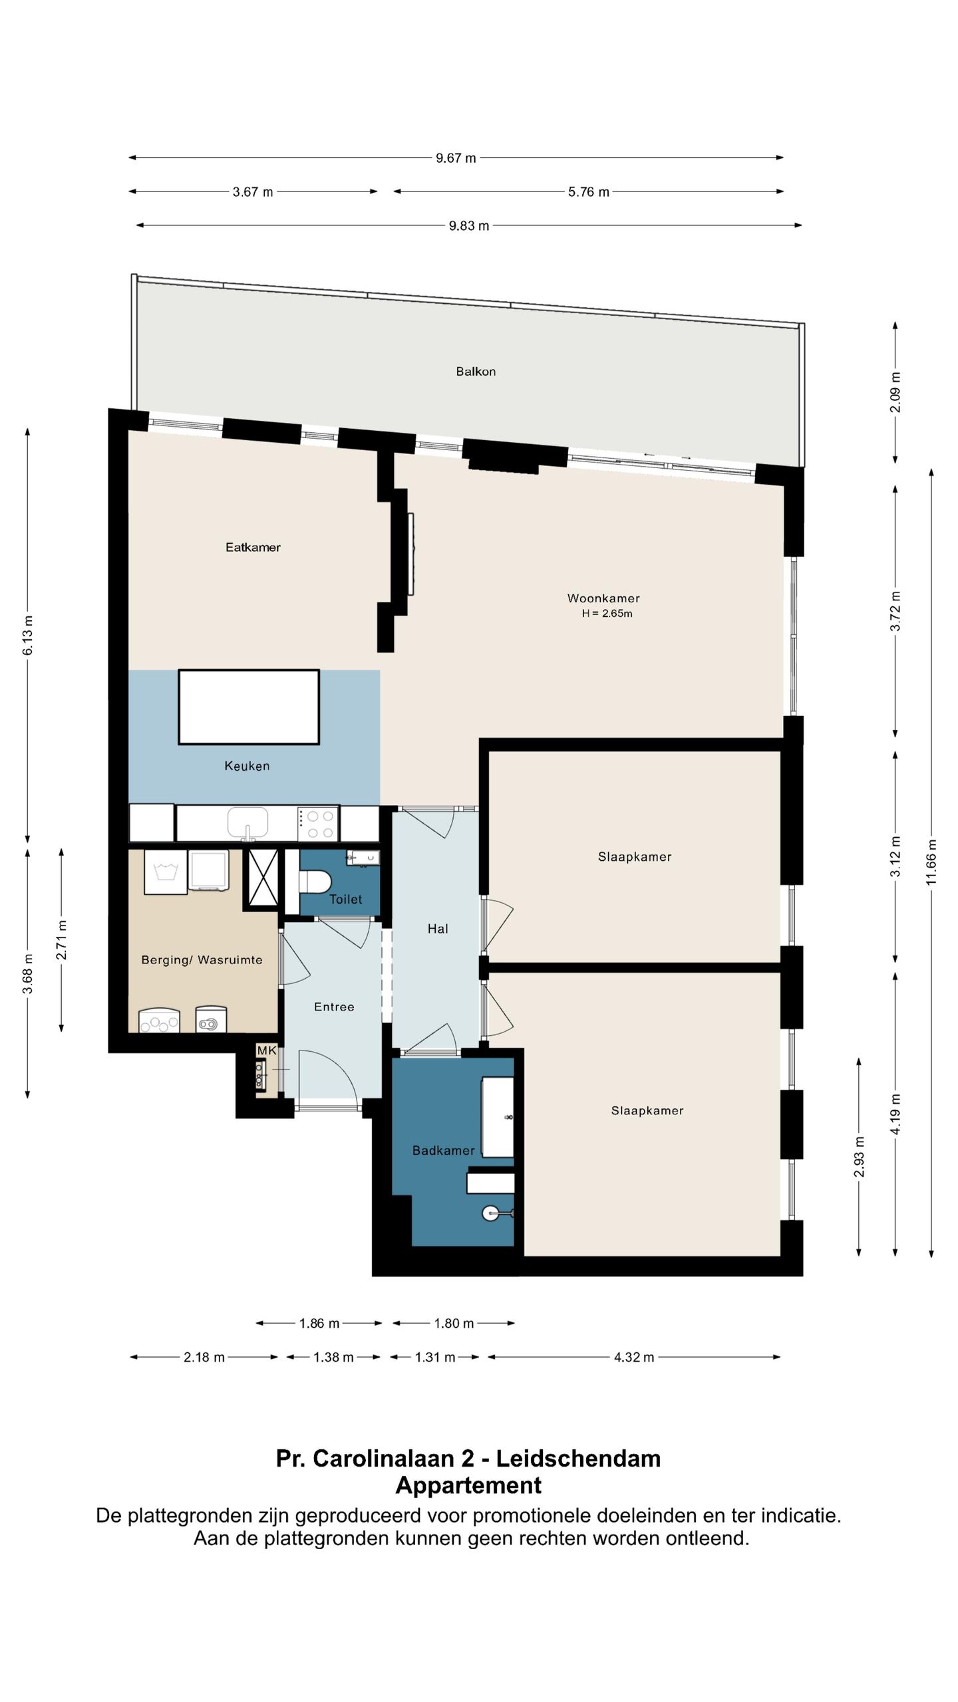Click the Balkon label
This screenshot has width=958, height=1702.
pos(476,372)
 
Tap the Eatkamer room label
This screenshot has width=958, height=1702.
pos(253,547)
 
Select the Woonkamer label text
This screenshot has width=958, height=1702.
pos(603,598)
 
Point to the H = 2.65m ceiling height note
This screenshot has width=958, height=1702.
pos(607,613)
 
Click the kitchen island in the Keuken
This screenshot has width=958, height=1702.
pos(249,707)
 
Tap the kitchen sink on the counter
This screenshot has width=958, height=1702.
pos(247,823)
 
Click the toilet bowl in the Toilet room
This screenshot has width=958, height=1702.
pos(315,882)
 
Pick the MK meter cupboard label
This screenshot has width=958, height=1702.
pos(267,1050)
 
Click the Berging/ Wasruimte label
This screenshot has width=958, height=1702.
pos(202,960)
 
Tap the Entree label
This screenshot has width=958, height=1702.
pos(334,1007)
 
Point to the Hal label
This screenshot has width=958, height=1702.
pos(438,929)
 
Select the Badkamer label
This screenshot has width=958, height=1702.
pos(444,1150)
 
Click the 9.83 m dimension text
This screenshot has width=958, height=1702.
pos(469,226)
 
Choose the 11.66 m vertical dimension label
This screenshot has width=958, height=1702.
pos(931,862)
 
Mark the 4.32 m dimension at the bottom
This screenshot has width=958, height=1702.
pos(634,1357)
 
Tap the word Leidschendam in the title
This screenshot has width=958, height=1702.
pos(579,1459)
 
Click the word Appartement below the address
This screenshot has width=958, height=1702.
pos(468,1485)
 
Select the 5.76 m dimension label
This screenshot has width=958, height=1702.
pos(589,192)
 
